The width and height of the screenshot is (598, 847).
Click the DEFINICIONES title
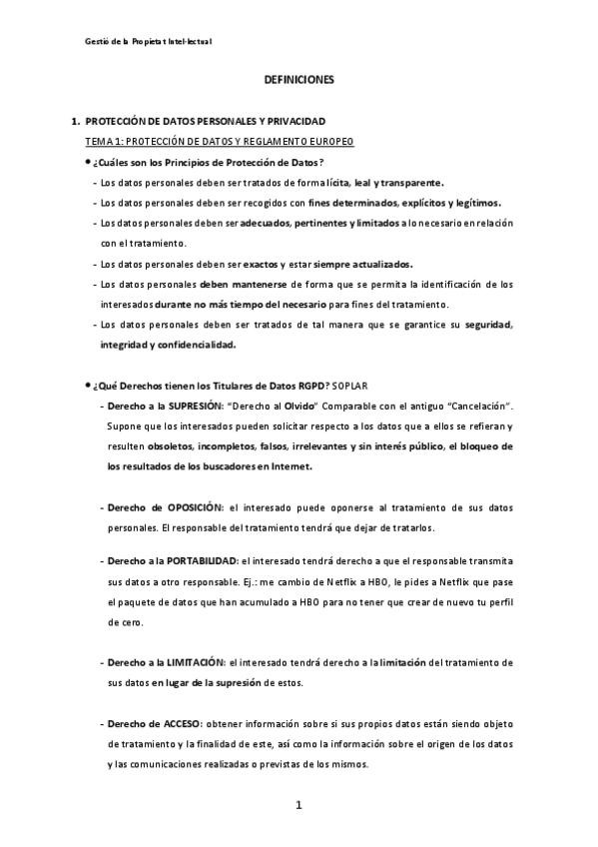point(299,78)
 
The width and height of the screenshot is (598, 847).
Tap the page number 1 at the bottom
point(298,805)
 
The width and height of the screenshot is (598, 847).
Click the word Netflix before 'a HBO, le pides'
point(353,582)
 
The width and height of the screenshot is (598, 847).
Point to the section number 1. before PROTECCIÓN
point(75,121)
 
